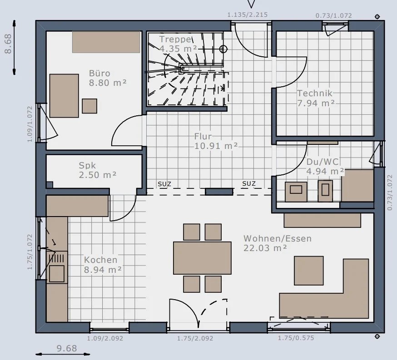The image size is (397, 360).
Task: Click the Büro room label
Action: [x=99, y=74]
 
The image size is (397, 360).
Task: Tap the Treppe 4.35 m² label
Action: [x=178, y=44]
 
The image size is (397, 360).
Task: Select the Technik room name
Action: [x=314, y=94]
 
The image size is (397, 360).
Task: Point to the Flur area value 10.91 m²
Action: [x=216, y=146]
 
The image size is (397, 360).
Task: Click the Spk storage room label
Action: [x=87, y=165]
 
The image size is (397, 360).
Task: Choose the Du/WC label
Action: [x=323, y=162]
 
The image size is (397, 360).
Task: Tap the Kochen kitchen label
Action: [x=101, y=260]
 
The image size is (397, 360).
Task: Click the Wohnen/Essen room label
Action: [x=278, y=239]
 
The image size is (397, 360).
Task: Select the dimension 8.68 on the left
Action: [x=8, y=44]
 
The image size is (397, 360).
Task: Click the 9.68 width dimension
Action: [x=67, y=348]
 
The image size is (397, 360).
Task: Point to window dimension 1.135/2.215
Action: [x=248, y=15]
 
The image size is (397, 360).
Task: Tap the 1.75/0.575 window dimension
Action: [x=296, y=338]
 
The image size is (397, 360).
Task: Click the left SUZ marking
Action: [x=164, y=184]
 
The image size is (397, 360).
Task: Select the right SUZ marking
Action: [x=249, y=184]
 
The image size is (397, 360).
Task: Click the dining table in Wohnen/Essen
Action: [x=202, y=258]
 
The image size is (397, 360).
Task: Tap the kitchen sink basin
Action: [x=57, y=273]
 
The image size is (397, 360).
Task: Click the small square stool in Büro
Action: [x=89, y=106]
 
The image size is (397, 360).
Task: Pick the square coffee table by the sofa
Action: [x=308, y=271]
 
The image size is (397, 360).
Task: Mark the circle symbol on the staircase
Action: [x=223, y=49]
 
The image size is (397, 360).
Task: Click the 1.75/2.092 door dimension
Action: [x=195, y=339]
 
